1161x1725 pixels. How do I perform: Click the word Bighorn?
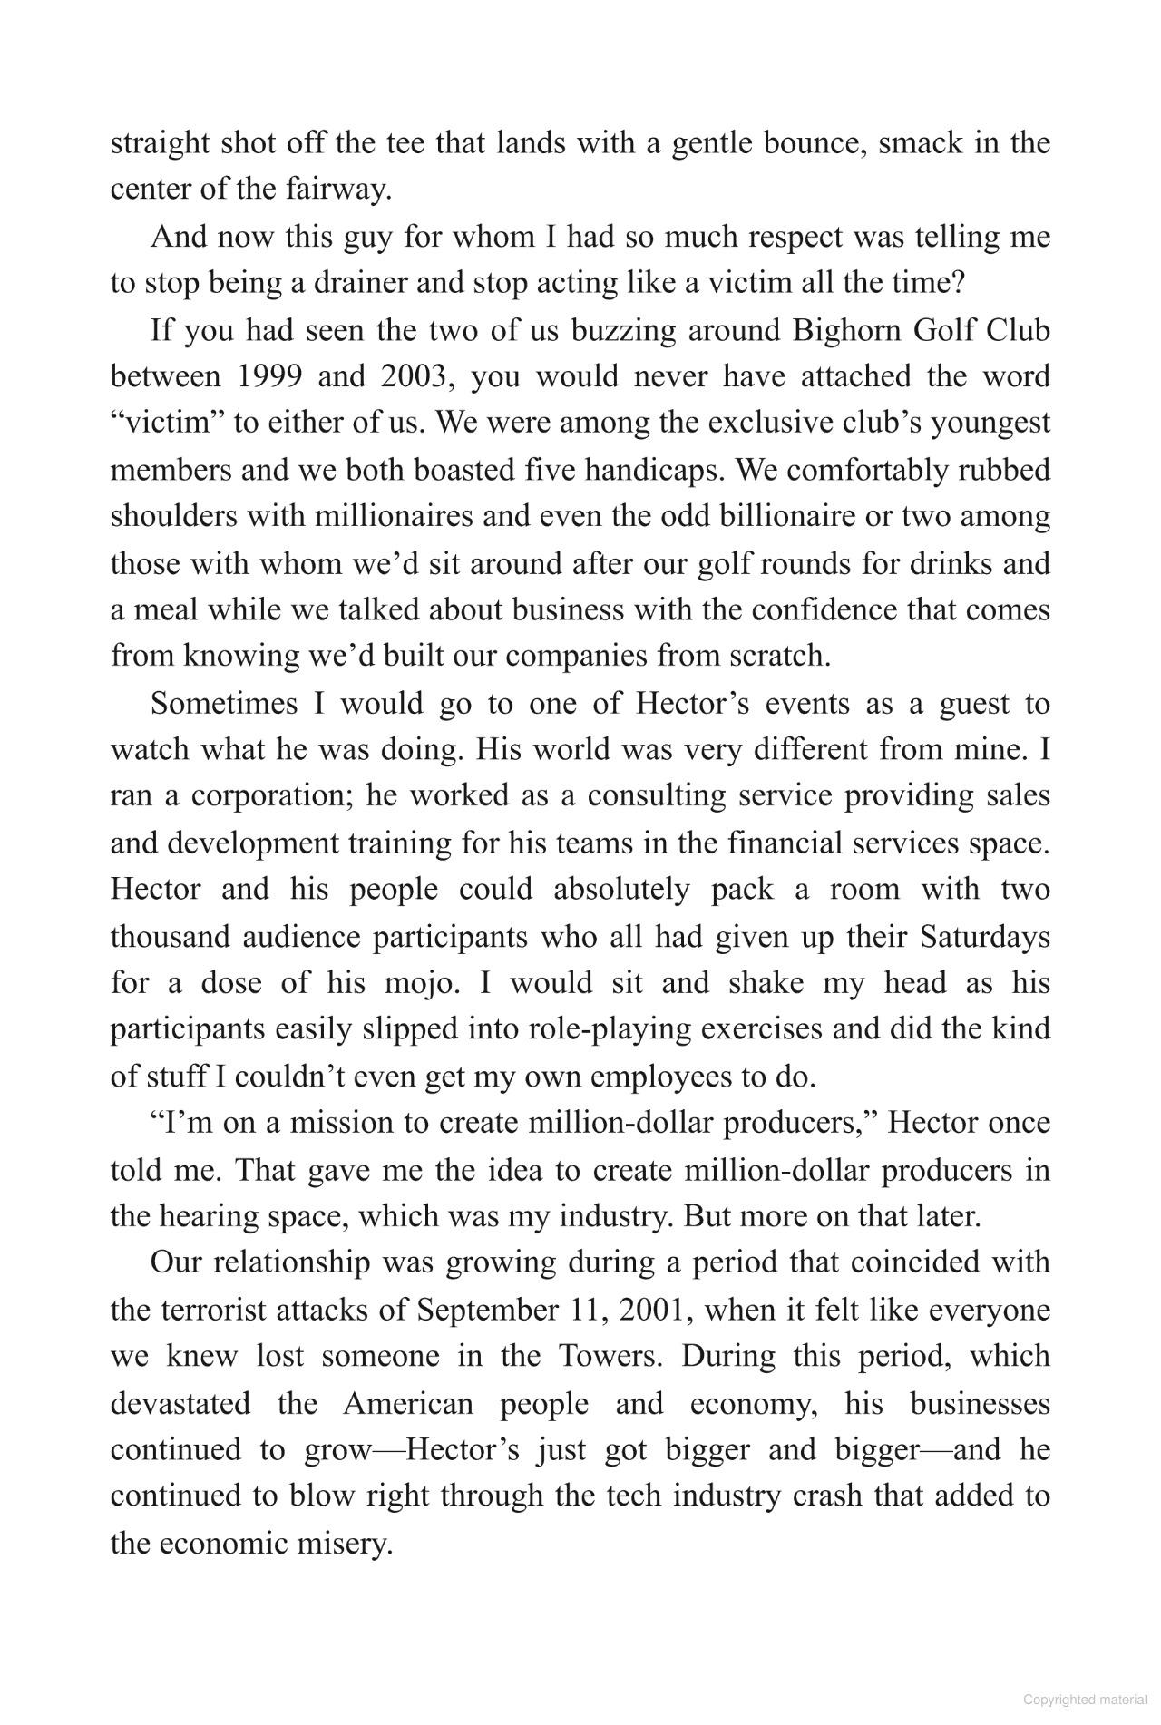pyautogui.click(x=844, y=330)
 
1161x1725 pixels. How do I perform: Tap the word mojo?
pyautogui.click(x=416, y=983)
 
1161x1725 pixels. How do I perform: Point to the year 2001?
pyautogui.click(x=653, y=1310)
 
